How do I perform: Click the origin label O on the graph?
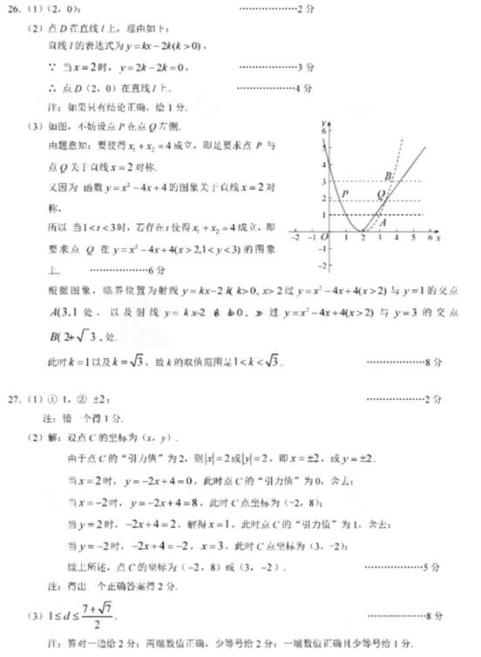[323, 236]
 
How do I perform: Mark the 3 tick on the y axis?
[323, 181]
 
